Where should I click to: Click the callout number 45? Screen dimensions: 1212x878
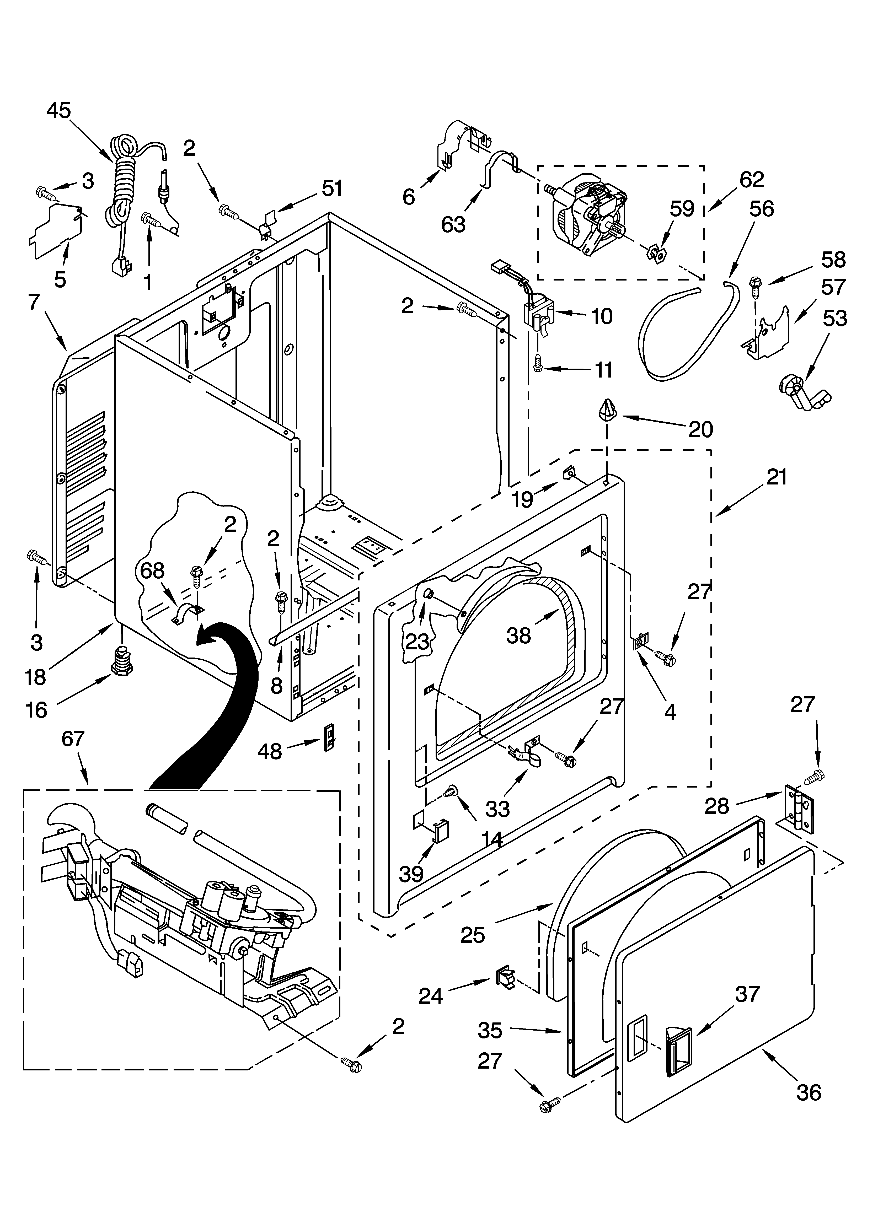point(58,111)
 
